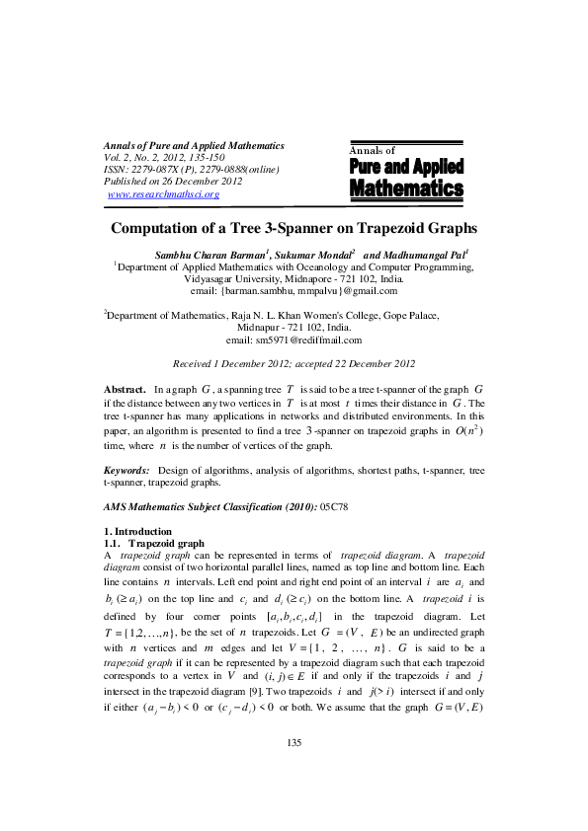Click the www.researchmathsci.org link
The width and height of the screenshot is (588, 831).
162,194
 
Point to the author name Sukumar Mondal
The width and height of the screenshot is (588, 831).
308,254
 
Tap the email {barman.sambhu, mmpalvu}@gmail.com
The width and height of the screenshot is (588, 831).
294,291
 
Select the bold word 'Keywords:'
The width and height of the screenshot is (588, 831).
126,472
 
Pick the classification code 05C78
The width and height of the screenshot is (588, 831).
334,506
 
